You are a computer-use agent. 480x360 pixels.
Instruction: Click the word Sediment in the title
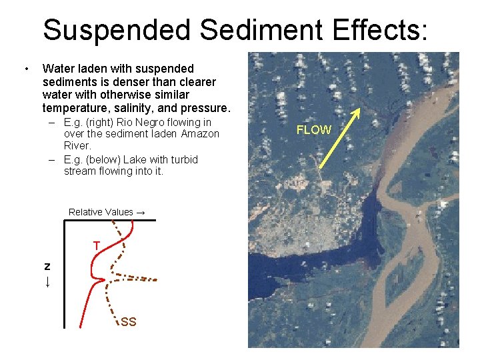tap(262, 30)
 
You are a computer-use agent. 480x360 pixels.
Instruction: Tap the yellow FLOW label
tap(313, 130)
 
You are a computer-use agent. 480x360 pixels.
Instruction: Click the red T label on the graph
tap(97, 246)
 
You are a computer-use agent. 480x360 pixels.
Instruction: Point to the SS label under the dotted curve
tap(129, 322)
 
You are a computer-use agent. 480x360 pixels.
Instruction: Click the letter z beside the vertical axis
tap(47, 265)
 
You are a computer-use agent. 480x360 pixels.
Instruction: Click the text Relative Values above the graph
tap(101, 212)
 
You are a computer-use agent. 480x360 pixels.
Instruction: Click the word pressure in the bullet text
tap(205, 108)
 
